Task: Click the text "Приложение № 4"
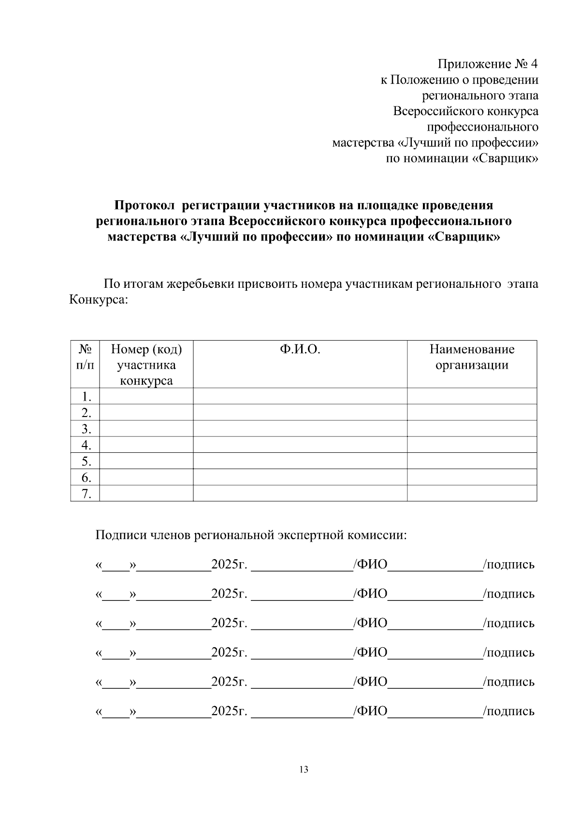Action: tap(487, 64)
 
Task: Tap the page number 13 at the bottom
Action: tap(304, 769)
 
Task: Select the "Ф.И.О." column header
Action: tap(300, 349)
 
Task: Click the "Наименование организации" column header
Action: tap(472, 357)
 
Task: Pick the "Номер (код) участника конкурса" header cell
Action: tap(146, 364)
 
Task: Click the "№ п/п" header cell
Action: tap(85, 357)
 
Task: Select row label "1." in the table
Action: tap(86, 397)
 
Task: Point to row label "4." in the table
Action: tap(86, 445)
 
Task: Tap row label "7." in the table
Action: tap(86, 494)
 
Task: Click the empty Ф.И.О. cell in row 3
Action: tap(300, 429)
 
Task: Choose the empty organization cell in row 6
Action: tap(472, 478)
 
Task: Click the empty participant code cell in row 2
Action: tap(146, 413)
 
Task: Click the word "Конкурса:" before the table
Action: tap(99, 299)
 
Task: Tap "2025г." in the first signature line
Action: tap(229, 565)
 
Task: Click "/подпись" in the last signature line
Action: tap(509, 711)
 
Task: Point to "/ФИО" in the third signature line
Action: tap(371, 623)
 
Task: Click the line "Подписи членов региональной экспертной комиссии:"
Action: tap(251, 536)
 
